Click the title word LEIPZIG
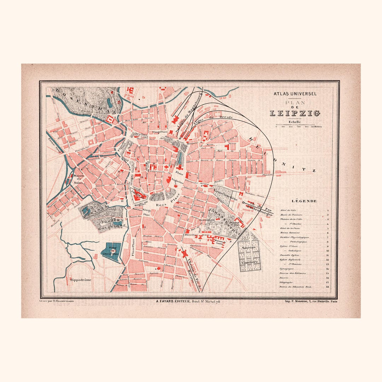tap(295, 114)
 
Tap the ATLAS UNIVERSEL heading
tap(295, 94)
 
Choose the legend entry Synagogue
tap(287, 269)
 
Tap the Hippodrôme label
tap(81, 280)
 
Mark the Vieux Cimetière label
tap(225, 196)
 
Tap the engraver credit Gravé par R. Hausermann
tap(56, 301)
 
